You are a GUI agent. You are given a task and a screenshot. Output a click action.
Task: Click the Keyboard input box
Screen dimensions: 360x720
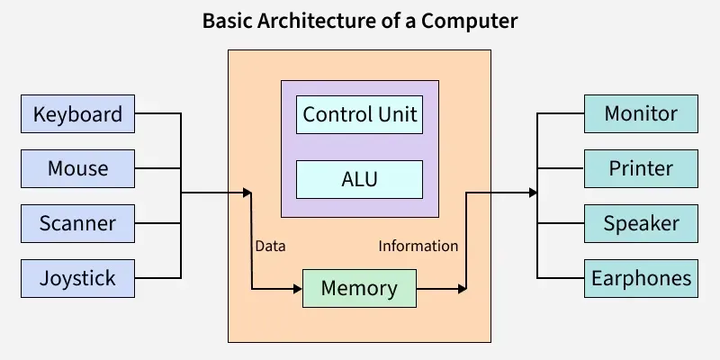(x=77, y=114)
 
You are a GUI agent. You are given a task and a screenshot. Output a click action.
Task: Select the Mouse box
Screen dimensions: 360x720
(x=77, y=168)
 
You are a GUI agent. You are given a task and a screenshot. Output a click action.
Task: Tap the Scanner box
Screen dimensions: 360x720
(x=77, y=223)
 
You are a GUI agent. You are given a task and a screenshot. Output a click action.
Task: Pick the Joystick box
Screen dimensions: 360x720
(x=77, y=278)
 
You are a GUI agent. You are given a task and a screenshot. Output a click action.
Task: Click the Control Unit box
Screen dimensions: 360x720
(x=359, y=115)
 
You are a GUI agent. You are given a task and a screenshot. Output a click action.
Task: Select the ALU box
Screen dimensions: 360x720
(x=359, y=179)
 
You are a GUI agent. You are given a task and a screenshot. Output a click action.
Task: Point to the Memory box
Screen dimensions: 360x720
(x=359, y=289)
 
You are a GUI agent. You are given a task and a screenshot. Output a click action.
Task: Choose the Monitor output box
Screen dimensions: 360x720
(x=641, y=114)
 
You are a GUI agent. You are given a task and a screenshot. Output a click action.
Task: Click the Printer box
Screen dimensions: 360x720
(x=641, y=168)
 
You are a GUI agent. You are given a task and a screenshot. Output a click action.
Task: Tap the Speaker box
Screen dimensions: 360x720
(x=641, y=223)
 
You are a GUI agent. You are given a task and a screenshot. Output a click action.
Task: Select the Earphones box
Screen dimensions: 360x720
(x=641, y=278)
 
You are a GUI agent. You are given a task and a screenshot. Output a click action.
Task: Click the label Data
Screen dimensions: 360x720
(x=270, y=246)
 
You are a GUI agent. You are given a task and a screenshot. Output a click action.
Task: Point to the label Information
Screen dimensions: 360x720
(x=418, y=246)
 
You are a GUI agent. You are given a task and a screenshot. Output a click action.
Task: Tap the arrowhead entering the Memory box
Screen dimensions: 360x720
(x=298, y=289)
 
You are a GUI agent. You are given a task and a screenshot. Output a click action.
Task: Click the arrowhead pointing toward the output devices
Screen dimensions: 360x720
(x=534, y=193)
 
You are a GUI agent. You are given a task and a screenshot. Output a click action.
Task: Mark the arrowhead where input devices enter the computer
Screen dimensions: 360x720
(x=247, y=193)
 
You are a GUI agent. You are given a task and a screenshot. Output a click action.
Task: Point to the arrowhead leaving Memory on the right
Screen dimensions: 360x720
(x=463, y=289)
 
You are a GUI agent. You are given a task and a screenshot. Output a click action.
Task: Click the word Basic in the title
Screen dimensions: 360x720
(x=228, y=21)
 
